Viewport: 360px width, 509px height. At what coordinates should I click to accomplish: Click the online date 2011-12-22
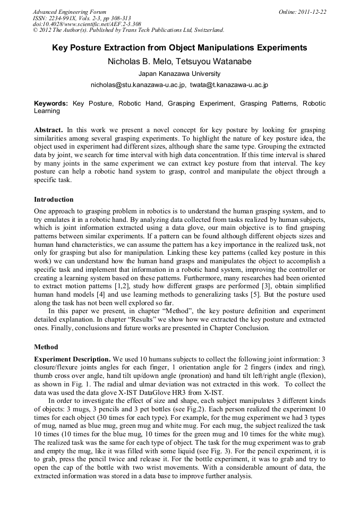[x=311, y=12]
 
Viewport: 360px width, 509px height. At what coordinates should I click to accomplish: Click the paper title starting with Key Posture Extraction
[x=179, y=48]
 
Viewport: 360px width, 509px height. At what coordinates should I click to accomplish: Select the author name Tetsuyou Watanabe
[x=216, y=62]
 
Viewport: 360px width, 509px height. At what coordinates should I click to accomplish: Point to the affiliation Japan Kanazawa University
[x=179, y=74]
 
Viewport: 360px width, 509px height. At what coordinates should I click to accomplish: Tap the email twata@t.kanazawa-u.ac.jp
[x=229, y=85]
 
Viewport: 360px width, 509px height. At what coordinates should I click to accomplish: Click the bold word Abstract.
[x=48, y=130]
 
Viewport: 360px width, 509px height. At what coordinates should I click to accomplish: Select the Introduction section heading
[x=54, y=200]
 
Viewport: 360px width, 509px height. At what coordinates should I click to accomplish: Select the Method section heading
[x=46, y=347]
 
